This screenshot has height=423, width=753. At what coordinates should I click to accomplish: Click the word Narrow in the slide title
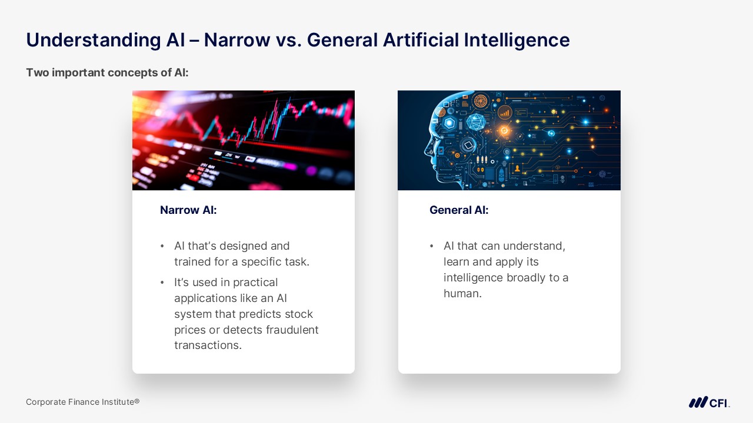236,40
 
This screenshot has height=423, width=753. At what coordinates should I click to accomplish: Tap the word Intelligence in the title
517,41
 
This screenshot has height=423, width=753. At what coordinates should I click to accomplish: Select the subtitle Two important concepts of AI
107,72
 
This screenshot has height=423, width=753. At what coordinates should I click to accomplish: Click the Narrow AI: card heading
188,210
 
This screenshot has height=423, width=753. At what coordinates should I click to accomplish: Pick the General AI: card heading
459,210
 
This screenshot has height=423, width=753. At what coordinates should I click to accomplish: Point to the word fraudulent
292,330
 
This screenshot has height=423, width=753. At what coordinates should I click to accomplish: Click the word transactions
208,345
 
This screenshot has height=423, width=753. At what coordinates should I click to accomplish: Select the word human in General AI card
462,293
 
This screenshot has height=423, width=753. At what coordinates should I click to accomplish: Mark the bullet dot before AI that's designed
162,246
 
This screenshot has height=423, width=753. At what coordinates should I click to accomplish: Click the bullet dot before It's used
162,283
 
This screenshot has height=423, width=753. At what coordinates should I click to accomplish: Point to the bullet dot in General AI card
432,246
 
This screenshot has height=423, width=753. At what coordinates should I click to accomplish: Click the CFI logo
709,402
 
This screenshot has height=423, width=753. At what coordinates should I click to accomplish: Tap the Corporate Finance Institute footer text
83,402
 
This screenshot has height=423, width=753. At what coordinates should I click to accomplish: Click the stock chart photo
244,140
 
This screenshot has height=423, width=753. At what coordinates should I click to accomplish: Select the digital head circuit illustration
509,140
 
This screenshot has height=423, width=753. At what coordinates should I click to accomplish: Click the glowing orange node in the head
504,130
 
